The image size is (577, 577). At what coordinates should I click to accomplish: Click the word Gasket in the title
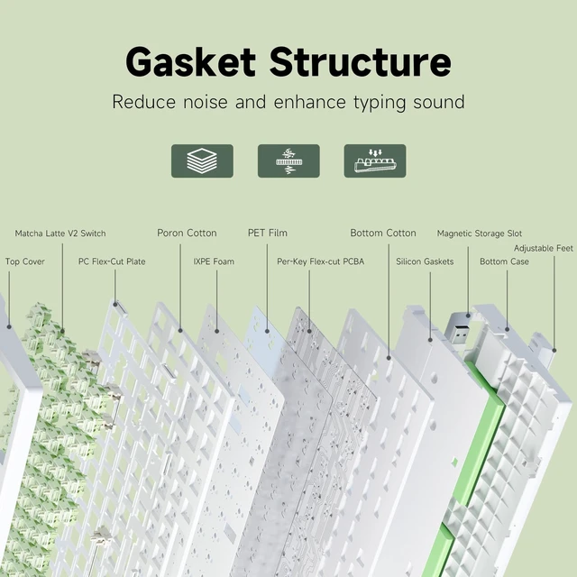190,61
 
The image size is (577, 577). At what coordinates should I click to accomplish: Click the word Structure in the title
361,61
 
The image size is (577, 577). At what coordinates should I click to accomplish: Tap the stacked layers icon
202,160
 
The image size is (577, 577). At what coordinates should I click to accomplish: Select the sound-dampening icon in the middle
288,160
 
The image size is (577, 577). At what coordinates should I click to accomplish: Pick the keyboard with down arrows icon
375,160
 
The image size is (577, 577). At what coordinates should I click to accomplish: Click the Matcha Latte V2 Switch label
60,234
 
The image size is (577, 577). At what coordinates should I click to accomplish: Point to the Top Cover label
25,261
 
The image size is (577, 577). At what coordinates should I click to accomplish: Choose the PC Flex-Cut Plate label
112,261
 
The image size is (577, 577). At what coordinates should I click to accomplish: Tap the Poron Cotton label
187,233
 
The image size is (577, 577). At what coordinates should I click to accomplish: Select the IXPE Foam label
214,261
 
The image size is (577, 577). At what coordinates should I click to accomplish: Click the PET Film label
268,233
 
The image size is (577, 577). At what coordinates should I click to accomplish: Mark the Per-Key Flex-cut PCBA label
321,261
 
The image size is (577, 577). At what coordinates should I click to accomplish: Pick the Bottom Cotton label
383,233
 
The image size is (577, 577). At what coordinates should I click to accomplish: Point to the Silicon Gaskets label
425,261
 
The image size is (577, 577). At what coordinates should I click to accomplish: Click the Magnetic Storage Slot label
480,234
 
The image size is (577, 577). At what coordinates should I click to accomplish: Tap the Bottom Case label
504,261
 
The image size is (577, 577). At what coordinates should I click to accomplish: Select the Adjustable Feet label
544,249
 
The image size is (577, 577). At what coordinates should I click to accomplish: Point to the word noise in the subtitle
206,102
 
